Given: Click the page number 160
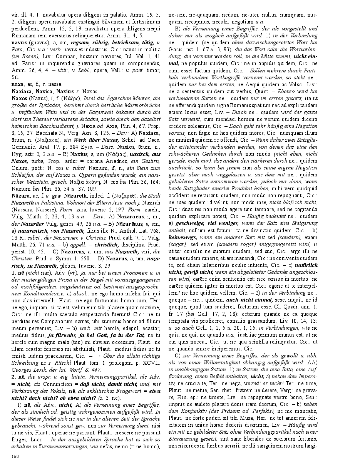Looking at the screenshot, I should pyautogui.click(x=15, y=456).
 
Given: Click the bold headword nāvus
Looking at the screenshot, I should pyautogui.click(x=19, y=42).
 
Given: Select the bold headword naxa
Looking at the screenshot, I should pyautogui.click(x=17, y=84).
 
